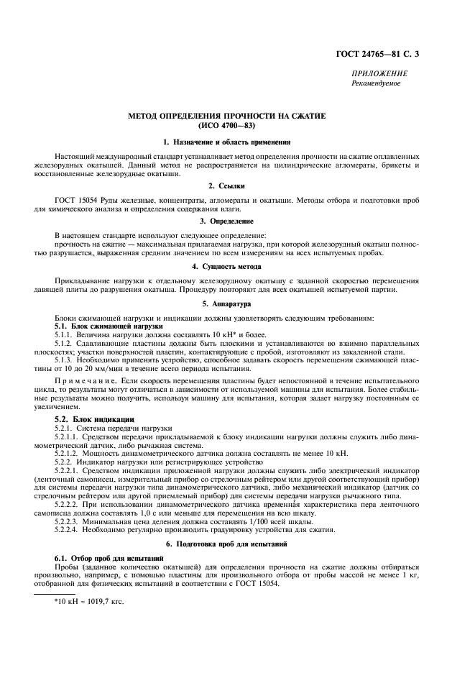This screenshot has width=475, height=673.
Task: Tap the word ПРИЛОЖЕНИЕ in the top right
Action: (379, 74)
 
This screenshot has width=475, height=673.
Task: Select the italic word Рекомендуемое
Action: (376, 83)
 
